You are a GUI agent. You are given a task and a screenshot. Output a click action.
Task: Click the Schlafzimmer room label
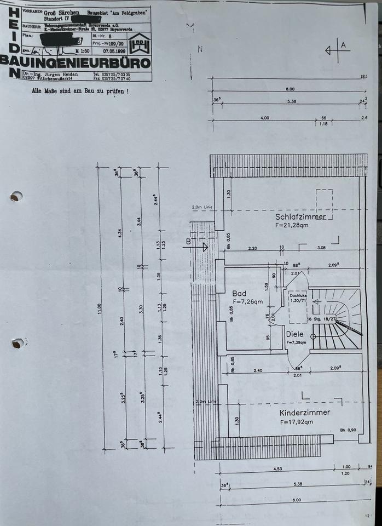(x=300, y=217)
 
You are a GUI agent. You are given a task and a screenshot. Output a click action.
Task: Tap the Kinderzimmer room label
(x=304, y=413)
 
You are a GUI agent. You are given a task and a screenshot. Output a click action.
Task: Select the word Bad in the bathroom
(x=239, y=293)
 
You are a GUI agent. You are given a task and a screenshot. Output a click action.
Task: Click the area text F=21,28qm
(x=295, y=226)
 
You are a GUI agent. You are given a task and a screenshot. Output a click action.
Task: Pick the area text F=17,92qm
(x=296, y=422)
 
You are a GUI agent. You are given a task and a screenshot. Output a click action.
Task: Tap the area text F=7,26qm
(x=247, y=301)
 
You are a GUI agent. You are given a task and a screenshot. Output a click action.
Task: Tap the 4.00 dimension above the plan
(x=264, y=118)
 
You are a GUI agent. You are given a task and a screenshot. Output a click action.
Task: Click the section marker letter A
(x=344, y=45)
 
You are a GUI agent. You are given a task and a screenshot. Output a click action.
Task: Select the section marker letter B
(x=188, y=241)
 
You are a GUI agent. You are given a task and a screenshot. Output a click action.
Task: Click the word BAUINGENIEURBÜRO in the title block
(x=76, y=62)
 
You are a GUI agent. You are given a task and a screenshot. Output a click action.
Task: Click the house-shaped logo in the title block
(x=139, y=44)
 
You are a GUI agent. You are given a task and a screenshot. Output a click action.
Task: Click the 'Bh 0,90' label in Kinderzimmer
(x=349, y=430)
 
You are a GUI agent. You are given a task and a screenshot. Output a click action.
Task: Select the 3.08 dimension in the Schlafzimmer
(x=321, y=248)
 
